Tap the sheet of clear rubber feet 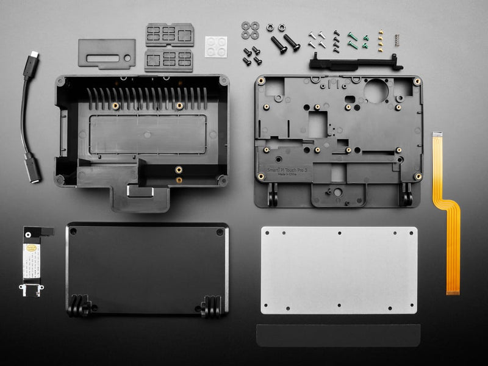pos(215,46)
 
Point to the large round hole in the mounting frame pos(376,91)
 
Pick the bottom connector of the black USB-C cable pos(32,169)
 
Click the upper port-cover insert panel pos(170,34)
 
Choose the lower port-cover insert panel pos(169,60)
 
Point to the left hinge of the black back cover pos(81,306)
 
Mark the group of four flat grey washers pos(250,30)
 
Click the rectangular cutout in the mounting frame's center pos(317,124)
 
